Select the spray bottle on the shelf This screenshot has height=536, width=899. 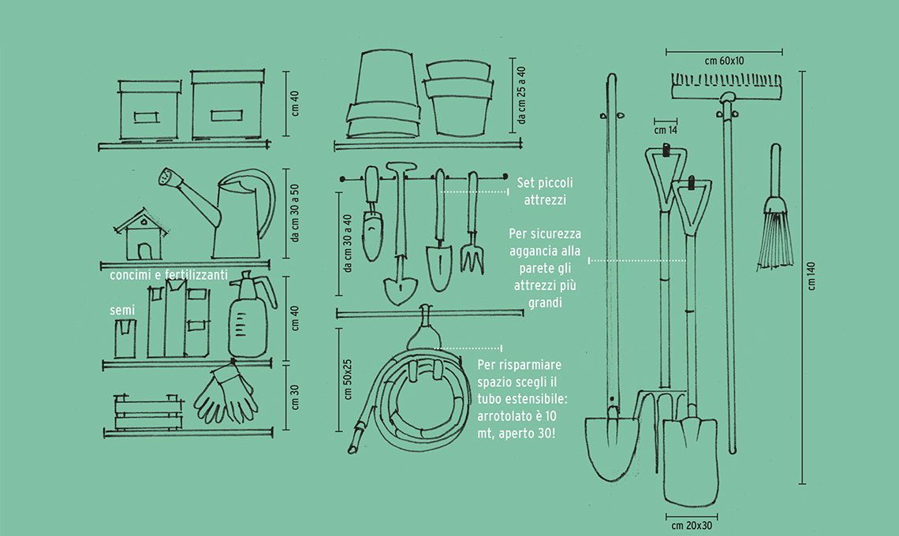pos(248,318)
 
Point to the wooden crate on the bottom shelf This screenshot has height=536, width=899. pos(147,412)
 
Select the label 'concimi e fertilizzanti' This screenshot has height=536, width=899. pos(169,275)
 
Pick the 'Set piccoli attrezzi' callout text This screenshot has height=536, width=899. pos(545,192)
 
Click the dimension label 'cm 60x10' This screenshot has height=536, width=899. pos(725,60)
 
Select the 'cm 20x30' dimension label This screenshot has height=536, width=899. pos(691,525)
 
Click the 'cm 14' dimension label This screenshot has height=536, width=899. pos(666,130)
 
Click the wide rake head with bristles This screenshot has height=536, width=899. pos(727,86)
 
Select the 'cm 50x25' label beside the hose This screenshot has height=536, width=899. pos(348,382)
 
